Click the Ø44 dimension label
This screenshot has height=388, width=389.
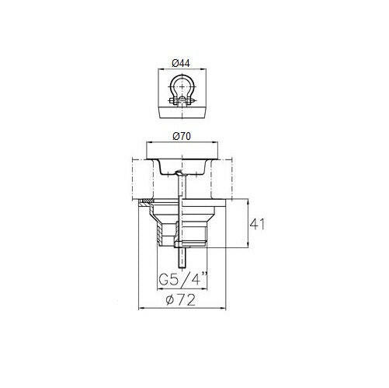tap(181, 63)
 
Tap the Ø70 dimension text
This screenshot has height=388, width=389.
tap(182, 136)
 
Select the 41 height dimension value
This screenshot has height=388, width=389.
tap(257, 224)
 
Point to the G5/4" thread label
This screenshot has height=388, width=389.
tap(183, 278)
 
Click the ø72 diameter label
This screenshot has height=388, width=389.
tap(181, 300)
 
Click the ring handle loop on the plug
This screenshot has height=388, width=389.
tap(182, 87)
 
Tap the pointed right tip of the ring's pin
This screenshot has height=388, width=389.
tap(196, 101)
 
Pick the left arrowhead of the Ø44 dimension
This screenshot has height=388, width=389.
tap(160, 69)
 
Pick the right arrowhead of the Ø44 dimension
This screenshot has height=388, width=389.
tap(204, 69)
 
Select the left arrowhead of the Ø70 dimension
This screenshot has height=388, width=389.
tap(149, 142)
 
